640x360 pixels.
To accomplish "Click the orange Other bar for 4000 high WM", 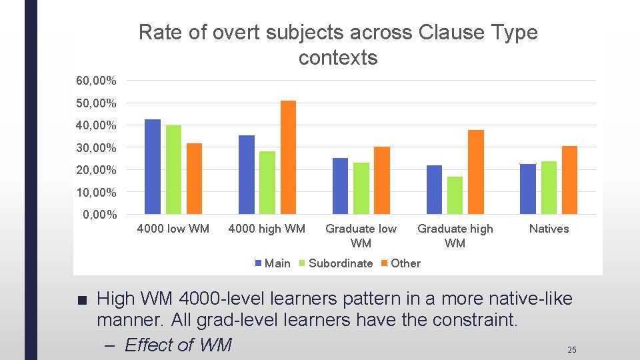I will [288, 157].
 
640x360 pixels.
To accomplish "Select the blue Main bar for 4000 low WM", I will [153, 167].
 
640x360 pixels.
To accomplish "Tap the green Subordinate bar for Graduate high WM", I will [455, 195].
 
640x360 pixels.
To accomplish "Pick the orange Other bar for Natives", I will [569, 180].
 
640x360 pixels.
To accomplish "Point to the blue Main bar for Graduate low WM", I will [340, 186].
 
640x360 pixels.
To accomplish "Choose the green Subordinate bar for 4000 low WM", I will [173, 169].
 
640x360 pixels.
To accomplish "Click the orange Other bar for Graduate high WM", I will [476, 172].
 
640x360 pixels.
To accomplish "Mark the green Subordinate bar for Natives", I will [549, 187].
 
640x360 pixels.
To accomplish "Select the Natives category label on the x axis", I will [549, 229].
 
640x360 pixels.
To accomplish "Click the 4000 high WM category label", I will [267, 229].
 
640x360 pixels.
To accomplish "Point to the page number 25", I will [571, 349].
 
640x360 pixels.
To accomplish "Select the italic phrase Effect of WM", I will [177, 345].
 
